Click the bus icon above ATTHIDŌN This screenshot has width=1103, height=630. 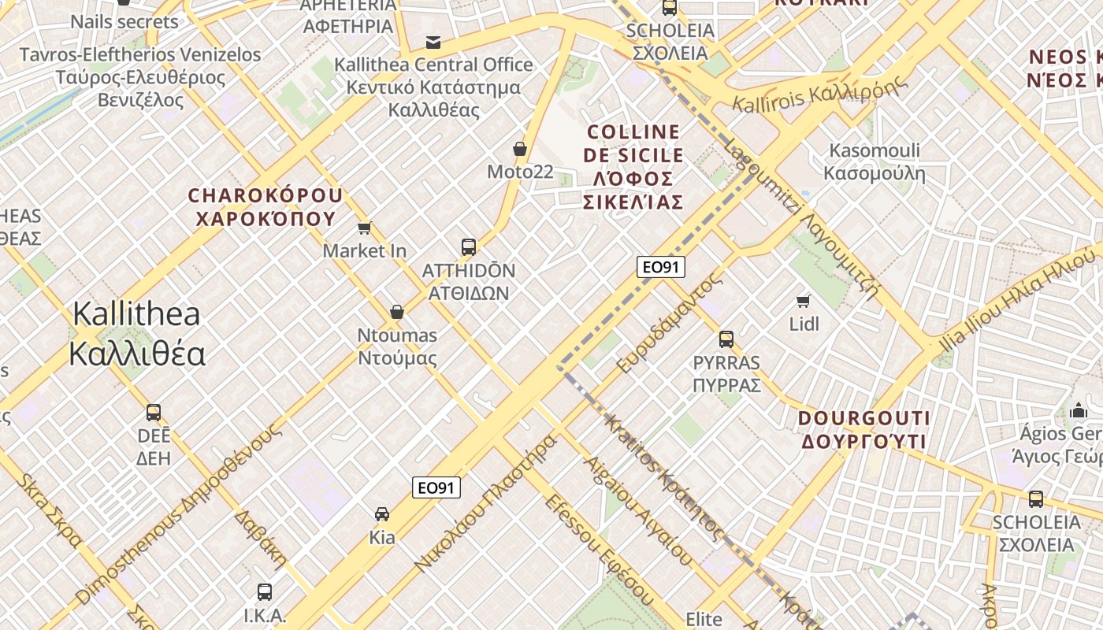(469, 247)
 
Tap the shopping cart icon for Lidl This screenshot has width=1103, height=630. (804, 300)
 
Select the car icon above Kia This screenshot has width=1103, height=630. (382, 514)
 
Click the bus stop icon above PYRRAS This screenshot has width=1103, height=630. (726, 339)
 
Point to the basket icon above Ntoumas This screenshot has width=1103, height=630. (397, 312)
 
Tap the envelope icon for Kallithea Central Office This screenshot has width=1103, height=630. (433, 42)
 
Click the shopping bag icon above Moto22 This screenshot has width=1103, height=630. (520, 148)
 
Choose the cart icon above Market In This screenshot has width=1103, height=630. (364, 228)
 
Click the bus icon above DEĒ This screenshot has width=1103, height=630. (154, 413)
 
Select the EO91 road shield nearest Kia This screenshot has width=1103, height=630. (436, 488)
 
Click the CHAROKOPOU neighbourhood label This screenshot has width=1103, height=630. (266, 206)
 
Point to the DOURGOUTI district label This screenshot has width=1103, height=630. (864, 429)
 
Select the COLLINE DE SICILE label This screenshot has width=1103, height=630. (633, 167)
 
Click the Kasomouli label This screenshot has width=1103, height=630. (875, 161)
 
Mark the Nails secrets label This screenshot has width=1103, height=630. (124, 21)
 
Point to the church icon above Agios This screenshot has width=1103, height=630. (1078, 410)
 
